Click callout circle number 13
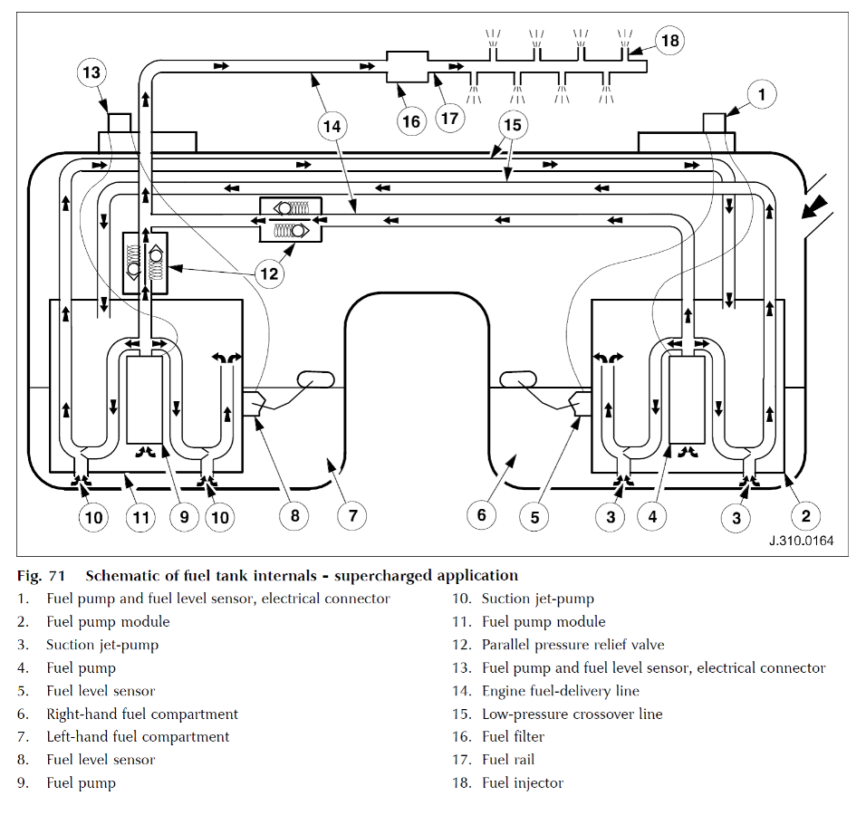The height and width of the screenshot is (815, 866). coord(91,72)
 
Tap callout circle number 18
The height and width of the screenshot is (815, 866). coord(670,41)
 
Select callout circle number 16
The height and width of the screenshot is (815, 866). coord(411,121)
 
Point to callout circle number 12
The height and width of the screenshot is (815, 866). coord(269,273)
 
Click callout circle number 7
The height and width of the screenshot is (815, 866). coord(352,516)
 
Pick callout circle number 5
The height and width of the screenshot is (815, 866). coord(534,517)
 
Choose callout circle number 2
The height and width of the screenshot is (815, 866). coord(806,516)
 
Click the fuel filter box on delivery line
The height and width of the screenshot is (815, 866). coord(407,67)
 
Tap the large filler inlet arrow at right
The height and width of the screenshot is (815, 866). coord(816,207)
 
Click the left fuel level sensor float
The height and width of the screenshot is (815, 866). coord(316,379)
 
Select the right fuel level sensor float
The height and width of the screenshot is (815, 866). coord(517,379)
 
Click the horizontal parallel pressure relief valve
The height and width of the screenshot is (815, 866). coord(291,219)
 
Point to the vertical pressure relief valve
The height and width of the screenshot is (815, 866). coord(145,263)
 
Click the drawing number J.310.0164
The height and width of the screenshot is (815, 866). coord(802,541)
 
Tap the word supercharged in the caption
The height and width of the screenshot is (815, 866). coord(380,575)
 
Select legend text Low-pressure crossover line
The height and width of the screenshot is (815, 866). coord(573,714)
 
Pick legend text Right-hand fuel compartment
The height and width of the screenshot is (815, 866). coord(142,714)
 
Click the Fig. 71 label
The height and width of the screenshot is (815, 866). coord(42,575)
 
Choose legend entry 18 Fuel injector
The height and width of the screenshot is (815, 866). coord(507,782)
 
